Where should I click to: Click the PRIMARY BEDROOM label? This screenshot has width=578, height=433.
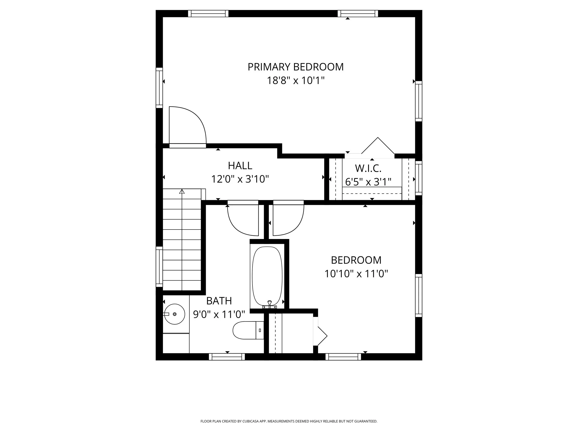(295, 67)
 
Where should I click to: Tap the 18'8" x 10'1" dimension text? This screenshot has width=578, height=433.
(295, 81)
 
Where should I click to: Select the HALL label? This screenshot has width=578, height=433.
(240, 166)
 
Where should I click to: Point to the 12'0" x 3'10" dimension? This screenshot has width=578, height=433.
(240, 179)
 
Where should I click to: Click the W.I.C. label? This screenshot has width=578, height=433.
(368, 169)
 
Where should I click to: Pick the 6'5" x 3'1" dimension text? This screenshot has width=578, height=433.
(368, 182)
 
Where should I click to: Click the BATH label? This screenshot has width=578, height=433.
(219, 301)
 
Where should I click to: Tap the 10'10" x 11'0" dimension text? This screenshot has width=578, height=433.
(356, 274)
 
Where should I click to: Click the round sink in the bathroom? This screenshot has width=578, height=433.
(175, 314)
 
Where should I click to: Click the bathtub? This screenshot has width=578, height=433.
(267, 275)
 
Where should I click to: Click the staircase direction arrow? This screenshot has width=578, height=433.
(182, 192)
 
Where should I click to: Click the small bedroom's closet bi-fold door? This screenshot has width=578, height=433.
(321, 336)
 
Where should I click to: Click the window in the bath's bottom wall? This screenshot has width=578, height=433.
(227, 357)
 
